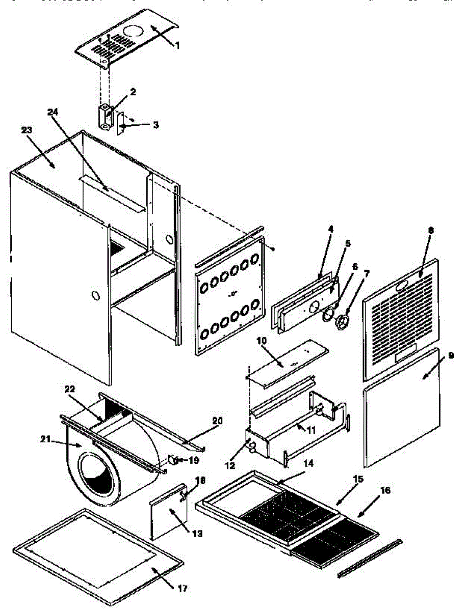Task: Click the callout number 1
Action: coord(177,46)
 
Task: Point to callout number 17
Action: coord(183,589)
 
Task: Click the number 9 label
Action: coord(450,355)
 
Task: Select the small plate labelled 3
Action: coord(121,124)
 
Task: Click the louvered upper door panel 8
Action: coord(400,321)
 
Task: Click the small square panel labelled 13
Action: coord(167,518)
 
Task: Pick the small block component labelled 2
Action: coord(106,117)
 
